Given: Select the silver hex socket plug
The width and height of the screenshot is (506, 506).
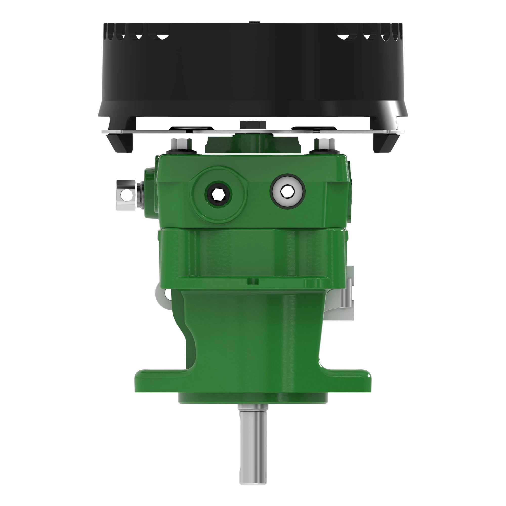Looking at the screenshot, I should [287, 192].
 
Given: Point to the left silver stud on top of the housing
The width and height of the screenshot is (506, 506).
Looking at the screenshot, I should [181, 144].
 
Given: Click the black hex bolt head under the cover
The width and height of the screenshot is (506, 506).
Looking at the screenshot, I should [253, 124].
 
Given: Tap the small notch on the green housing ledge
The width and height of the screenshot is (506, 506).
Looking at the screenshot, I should [253, 281].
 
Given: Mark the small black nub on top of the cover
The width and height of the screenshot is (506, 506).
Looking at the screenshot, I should [253, 22].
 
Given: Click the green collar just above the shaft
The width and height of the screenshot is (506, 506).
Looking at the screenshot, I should [253, 398].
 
